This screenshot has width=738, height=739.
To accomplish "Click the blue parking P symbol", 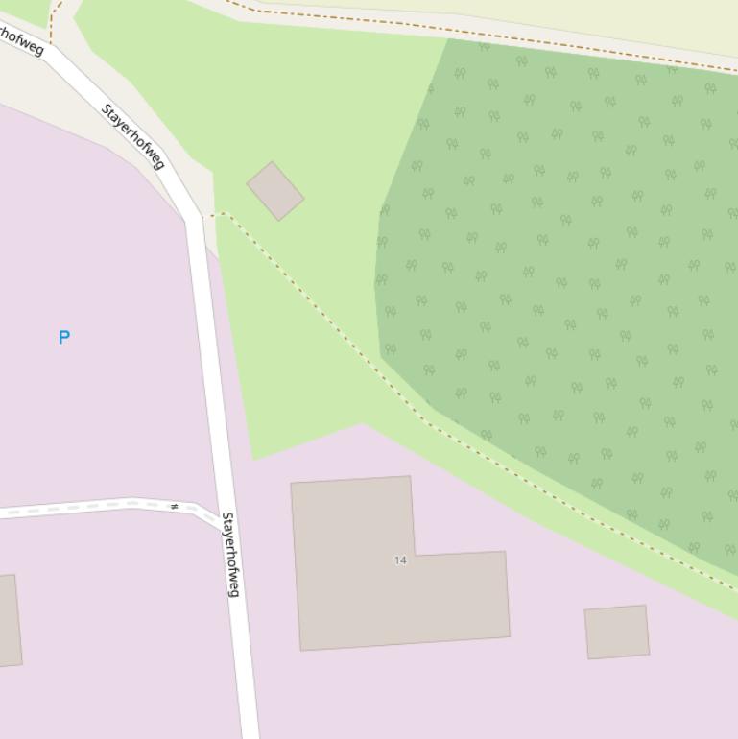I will coord(64,337).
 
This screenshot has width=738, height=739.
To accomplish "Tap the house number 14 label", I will coord(400,560).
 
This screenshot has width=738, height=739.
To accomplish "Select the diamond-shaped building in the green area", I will coord(275,191).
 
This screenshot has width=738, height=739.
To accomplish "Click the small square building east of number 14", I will coord(617,632).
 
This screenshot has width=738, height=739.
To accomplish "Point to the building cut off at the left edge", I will coord(8,621).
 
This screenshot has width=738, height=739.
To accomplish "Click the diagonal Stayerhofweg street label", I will coord(132,136).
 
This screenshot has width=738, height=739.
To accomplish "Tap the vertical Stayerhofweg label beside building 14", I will coord(230,554).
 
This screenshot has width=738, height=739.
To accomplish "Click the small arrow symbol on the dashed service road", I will coord(175,506).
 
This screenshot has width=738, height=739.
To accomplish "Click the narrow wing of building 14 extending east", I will coord(461,595).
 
